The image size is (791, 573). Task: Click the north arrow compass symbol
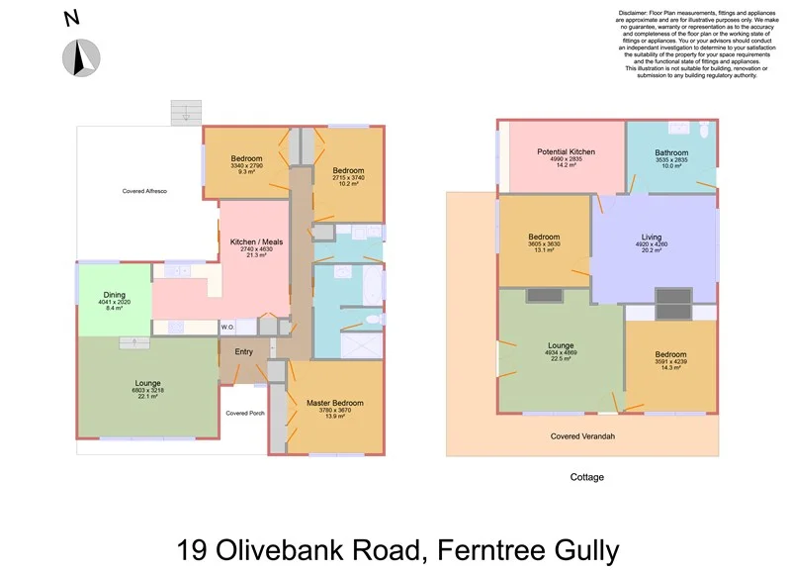(x=80, y=57)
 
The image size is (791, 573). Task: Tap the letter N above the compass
(x=71, y=17)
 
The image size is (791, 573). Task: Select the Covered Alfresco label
(x=144, y=190)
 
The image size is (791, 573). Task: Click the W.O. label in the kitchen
(x=226, y=327)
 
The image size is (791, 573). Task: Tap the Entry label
(x=243, y=351)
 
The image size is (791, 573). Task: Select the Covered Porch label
(x=243, y=413)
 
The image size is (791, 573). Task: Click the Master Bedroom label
(x=334, y=403)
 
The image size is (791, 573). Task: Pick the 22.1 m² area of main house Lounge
(x=147, y=397)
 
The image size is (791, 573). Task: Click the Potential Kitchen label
(x=561, y=152)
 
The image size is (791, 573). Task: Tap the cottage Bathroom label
(x=671, y=152)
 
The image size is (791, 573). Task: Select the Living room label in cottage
(x=652, y=237)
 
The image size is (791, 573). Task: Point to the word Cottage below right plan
(x=586, y=477)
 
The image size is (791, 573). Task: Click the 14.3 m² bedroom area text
(x=670, y=368)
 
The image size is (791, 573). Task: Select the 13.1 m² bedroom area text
(x=544, y=250)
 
